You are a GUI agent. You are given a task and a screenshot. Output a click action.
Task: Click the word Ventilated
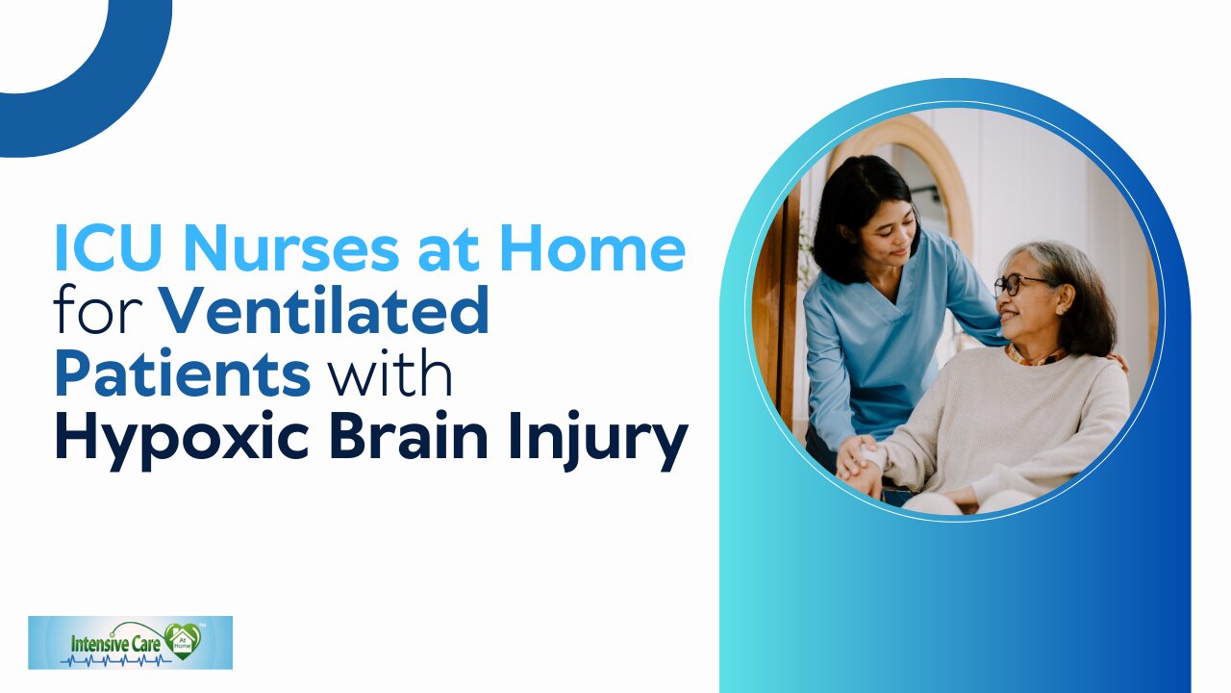coord(326,310)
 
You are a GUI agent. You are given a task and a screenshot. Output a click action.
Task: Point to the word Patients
coord(183,373)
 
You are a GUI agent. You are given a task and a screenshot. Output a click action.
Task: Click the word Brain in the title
coord(409,435)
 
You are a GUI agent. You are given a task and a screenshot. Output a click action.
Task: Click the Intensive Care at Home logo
coord(130,642)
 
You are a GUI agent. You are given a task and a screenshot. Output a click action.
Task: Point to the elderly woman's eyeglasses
coord(1020,284)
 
